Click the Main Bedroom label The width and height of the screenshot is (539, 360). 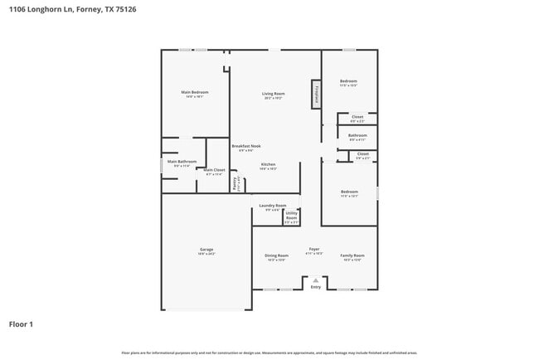195,92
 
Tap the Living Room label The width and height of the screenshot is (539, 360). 274,94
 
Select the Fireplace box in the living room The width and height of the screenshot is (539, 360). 316,94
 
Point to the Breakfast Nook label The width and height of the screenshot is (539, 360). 245,146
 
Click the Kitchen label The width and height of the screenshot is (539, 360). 269,164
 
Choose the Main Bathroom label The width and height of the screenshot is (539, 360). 182,162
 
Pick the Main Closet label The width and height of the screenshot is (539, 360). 214,170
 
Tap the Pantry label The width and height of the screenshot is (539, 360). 236,182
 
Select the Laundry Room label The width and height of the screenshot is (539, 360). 272,205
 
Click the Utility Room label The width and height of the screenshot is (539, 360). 291,216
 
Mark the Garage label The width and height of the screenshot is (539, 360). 206,250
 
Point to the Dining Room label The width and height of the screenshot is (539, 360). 276,255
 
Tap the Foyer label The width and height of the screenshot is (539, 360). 314,249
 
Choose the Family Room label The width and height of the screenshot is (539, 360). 352,255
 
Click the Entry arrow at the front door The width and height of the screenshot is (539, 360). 315,282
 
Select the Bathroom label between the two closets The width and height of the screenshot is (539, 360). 357,135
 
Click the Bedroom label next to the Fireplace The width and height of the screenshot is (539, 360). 348,81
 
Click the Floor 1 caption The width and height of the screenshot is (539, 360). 21,324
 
